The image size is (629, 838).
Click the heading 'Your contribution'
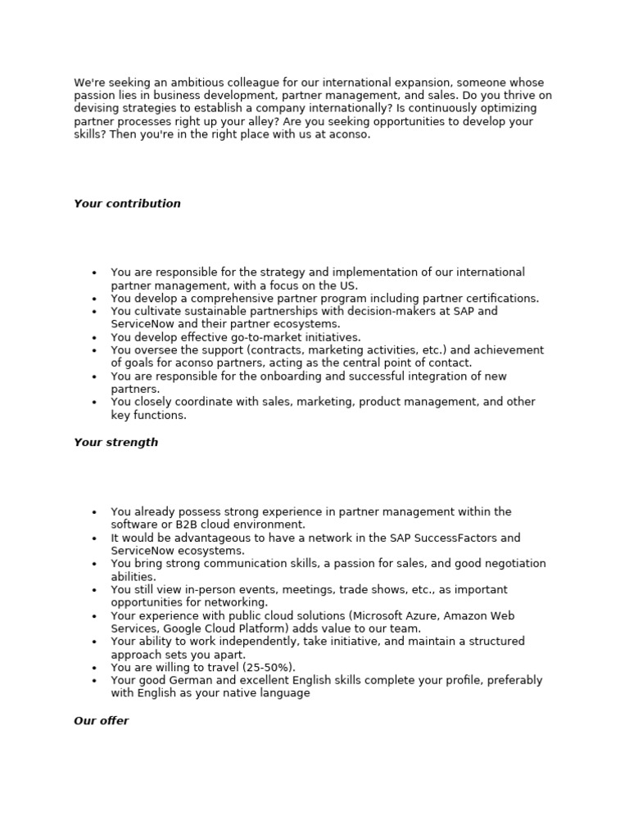[x=127, y=204]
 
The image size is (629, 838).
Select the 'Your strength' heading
[x=115, y=443]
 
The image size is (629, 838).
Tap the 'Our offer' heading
[x=101, y=721]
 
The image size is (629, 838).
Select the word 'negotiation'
[x=513, y=564]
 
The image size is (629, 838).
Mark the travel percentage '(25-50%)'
[x=268, y=668]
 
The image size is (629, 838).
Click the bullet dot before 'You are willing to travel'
[x=94, y=668]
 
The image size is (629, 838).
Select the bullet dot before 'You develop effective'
[x=94, y=337]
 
